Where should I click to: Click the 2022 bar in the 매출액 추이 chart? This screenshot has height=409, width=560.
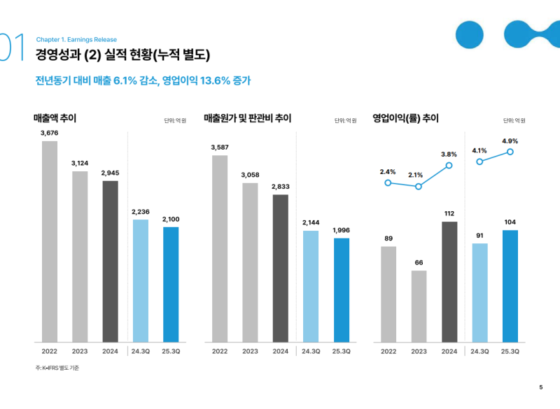50,241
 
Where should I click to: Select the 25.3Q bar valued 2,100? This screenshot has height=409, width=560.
171,284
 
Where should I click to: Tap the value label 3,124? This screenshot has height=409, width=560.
80,163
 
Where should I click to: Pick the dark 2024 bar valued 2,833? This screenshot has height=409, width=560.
280,268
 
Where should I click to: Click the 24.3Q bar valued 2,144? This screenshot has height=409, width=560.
311,286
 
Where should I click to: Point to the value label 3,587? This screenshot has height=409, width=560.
220,147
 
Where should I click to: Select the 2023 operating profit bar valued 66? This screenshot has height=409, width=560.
419,306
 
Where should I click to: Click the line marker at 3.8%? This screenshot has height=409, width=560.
449,166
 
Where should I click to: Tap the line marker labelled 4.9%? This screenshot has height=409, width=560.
510,152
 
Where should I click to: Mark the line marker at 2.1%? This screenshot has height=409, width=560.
419,187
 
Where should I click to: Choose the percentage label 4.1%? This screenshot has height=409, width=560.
479,150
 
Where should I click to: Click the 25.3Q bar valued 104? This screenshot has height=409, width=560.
510,286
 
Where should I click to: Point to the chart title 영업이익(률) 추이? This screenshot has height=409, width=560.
405,118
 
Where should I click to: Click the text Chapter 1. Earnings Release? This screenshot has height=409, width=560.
76,40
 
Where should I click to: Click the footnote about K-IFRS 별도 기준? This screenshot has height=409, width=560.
57,368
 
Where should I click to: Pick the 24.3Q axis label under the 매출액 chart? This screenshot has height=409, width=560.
141,351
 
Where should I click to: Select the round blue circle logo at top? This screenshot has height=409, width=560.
469,33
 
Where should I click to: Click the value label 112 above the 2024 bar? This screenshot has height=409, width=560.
449,213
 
